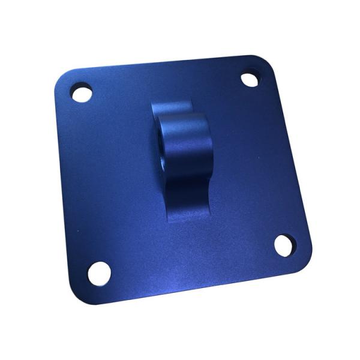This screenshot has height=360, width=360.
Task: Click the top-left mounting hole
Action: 81,93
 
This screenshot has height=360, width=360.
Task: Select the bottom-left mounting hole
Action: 99,273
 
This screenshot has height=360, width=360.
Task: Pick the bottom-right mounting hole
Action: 285,245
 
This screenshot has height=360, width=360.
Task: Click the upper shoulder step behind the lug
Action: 171,108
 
